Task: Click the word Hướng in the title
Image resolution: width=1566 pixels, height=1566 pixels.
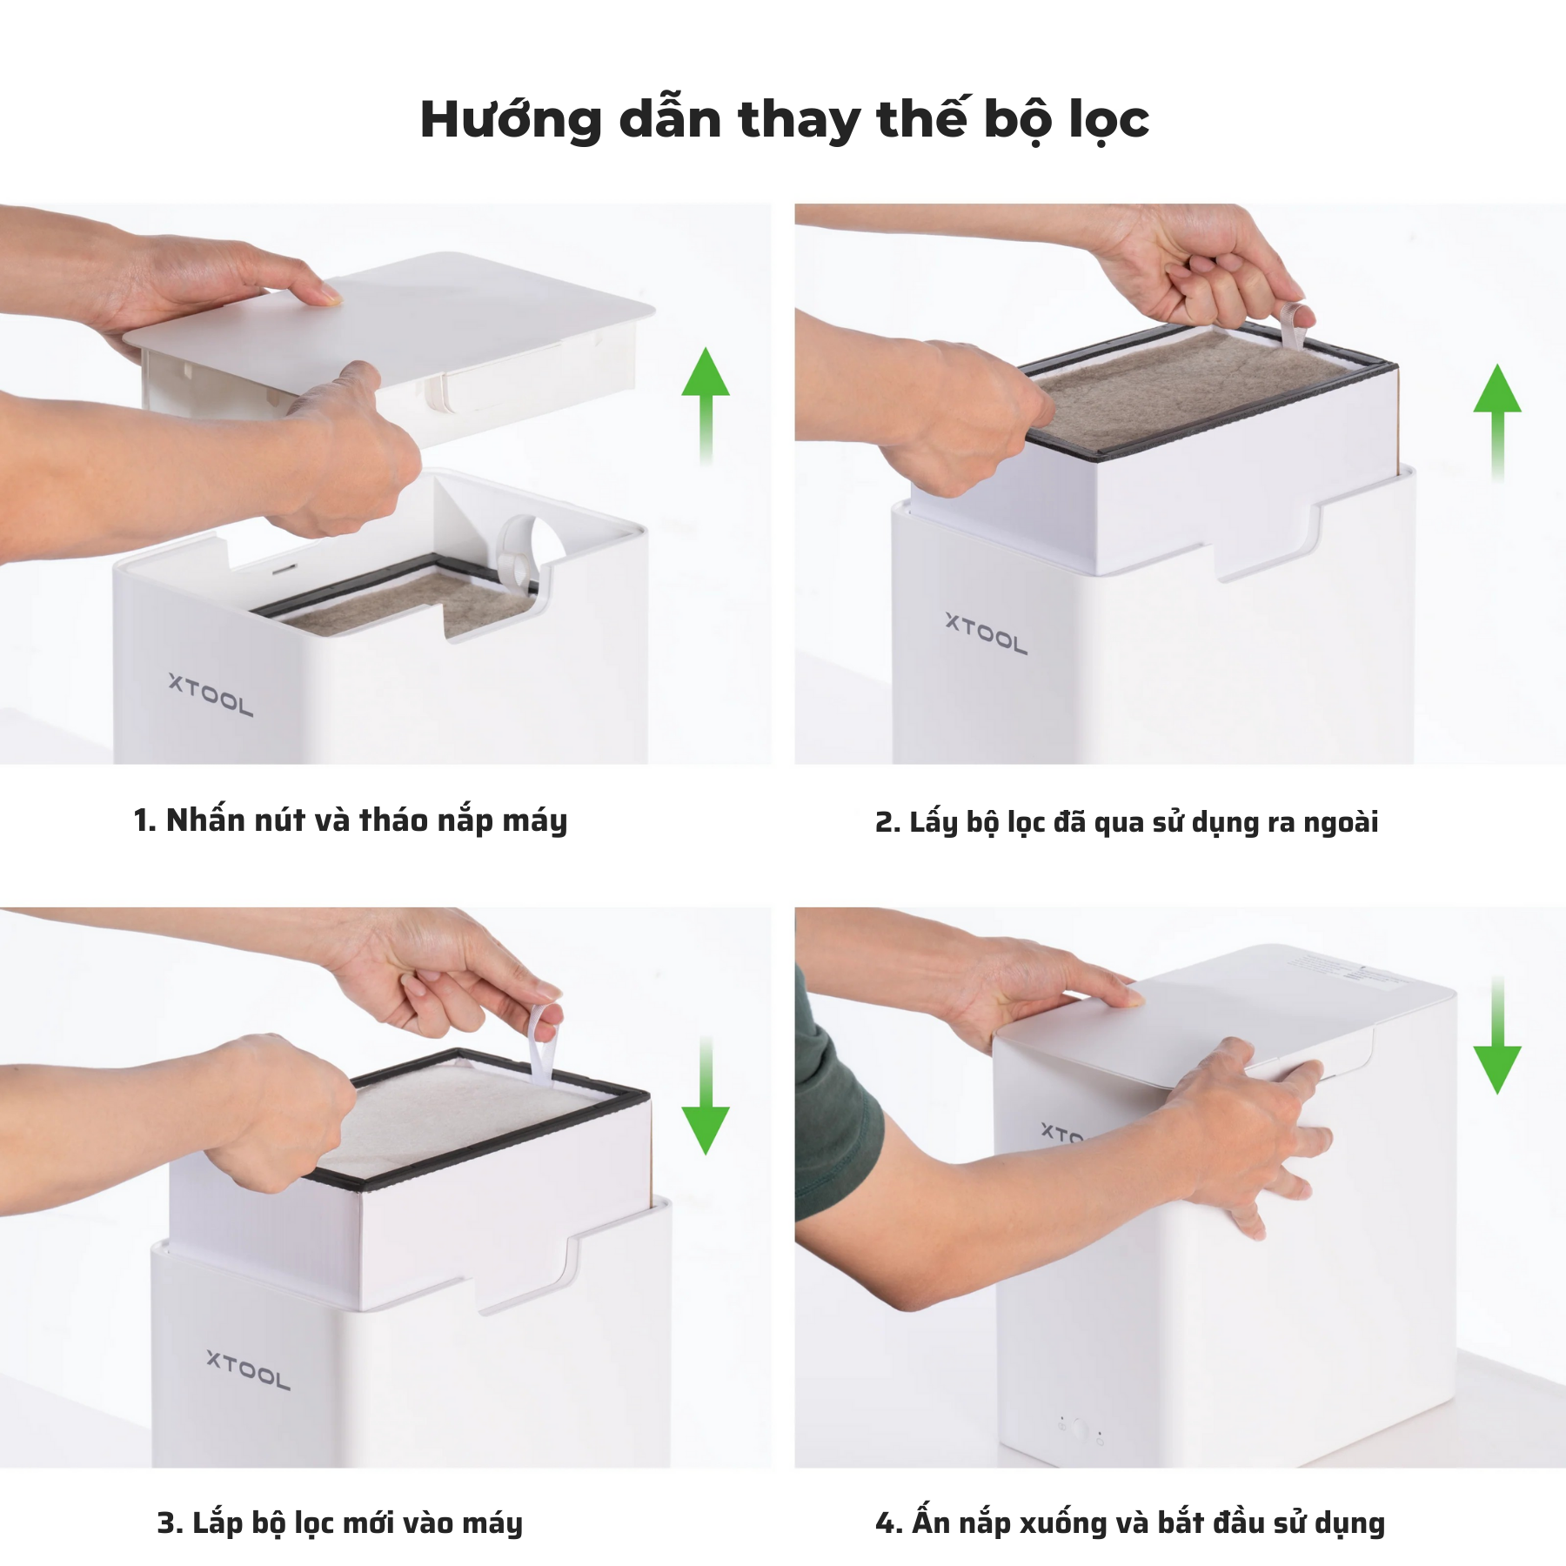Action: [x=511, y=120]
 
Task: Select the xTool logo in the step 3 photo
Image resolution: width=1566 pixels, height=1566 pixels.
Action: [x=249, y=1370]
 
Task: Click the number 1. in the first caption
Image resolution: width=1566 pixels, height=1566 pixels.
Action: [x=144, y=821]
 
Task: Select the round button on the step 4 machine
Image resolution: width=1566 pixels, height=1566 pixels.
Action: [x=1081, y=1428]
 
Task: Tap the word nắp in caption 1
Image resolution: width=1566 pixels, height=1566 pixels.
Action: [x=465, y=821]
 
